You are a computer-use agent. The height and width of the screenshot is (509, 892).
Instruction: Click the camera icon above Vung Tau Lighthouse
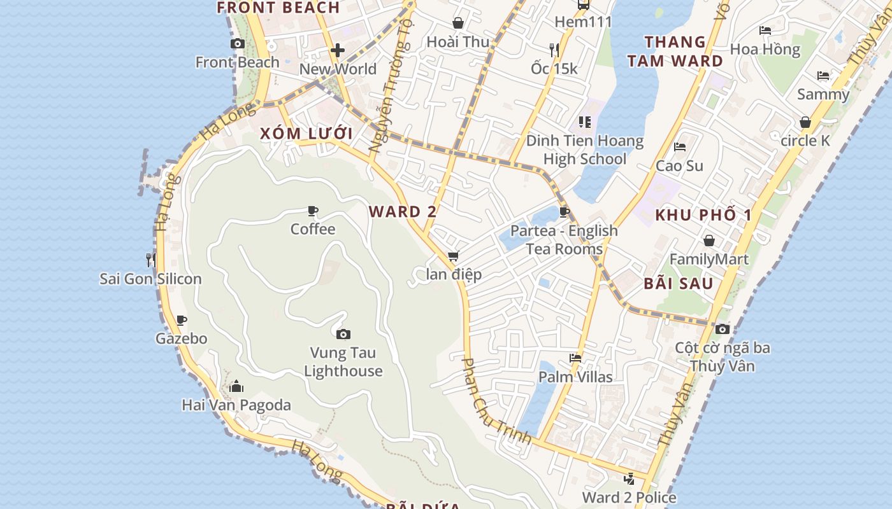(343, 334)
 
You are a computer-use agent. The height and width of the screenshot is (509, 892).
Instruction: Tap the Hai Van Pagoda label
(236, 405)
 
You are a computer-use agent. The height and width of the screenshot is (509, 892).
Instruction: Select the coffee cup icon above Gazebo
(182, 320)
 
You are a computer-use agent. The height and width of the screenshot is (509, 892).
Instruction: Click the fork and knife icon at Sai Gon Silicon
(150, 260)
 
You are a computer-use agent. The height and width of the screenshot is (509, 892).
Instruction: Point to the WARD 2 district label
(403, 211)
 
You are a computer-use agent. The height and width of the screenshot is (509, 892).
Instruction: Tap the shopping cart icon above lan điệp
(453, 256)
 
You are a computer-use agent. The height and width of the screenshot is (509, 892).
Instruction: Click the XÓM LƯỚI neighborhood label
(306, 134)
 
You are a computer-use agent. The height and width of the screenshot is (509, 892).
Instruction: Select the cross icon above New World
(338, 50)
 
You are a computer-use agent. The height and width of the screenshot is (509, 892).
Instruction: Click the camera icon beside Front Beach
(238, 43)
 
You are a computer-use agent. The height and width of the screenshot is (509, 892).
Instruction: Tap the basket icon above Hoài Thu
(457, 24)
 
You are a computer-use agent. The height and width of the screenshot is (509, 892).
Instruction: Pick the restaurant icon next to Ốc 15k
(554, 49)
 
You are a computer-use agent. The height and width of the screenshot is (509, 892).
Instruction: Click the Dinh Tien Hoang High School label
(584, 150)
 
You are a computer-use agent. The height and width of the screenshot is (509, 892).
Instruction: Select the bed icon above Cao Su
(680, 147)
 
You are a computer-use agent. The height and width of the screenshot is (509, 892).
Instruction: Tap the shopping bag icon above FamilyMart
(709, 241)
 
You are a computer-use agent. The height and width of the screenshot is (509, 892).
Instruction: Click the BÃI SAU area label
(678, 283)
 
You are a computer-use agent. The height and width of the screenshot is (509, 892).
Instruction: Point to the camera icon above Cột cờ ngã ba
(722, 329)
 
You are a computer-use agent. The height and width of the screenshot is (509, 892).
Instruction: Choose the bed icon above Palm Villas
(575, 358)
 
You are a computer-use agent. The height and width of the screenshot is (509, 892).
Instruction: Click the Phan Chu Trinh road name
(496, 401)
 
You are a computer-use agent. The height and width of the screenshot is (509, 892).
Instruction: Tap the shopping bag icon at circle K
(805, 122)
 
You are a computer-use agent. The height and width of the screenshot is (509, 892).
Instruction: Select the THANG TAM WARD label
(675, 52)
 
